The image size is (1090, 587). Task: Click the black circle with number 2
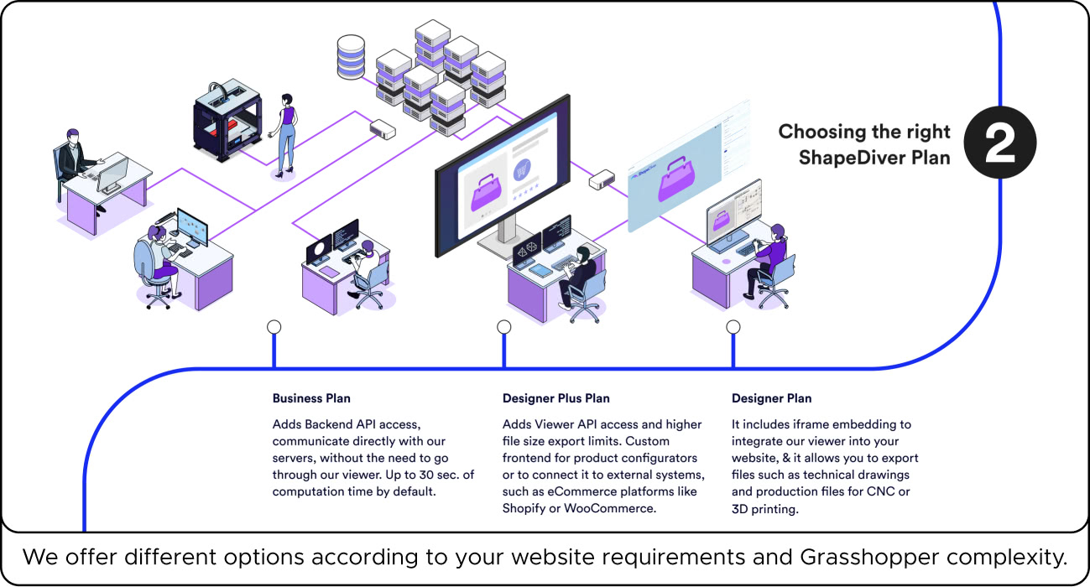point(999,145)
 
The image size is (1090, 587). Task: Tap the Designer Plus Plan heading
point(555,398)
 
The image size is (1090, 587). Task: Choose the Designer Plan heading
point(771,398)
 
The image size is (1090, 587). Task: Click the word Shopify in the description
point(524,508)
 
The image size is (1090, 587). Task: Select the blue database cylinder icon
point(350,55)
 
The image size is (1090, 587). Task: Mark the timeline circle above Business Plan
point(274,326)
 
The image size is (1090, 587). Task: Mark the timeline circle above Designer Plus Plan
point(503,326)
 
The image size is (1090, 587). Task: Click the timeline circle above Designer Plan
point(733,326)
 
